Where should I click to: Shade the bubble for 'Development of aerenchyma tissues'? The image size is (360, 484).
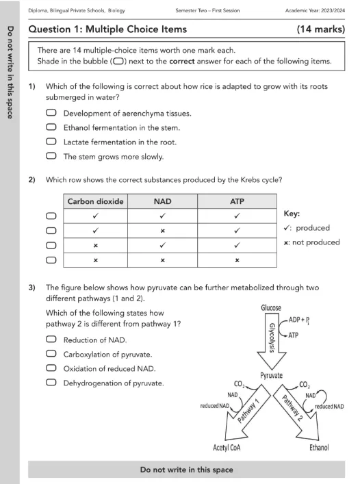click(x=51, y=113)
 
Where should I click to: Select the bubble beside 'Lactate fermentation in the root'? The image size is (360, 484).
click(x=51, y=142)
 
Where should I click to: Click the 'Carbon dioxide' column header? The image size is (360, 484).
click(x=95, y=201)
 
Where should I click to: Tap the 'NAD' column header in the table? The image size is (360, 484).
click(x=163, y=201)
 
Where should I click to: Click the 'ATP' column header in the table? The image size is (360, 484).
click(x=237, y=201)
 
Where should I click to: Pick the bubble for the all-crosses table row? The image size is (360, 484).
click(x=51, y=260)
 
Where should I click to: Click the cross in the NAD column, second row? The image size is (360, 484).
click(x=163, y=231)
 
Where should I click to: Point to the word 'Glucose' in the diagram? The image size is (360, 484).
click(x=271, y=308)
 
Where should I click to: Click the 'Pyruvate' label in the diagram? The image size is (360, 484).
click(x=272, y=375)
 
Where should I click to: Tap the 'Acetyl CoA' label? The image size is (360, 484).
click(x=227, y=448)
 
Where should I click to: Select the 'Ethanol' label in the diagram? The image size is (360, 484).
click(x=320, y=448)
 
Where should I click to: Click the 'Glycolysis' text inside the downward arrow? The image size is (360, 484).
click(x=272, y=337)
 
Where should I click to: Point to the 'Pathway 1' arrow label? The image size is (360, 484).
click(x=249, y=411)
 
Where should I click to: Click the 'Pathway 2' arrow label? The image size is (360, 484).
click(x=292, y=408)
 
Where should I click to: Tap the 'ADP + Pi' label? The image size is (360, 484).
click(x=299, y=320)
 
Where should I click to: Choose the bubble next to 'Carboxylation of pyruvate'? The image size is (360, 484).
click(x=51, y=353)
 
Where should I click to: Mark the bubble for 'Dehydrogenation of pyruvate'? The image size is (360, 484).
click(x=51, y=383)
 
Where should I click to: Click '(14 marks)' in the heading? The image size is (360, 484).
click(x=321, y=29)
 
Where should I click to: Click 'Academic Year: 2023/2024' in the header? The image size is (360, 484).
click(x=315, y=10)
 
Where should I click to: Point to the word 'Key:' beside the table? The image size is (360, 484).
click(x=292, y=214)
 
